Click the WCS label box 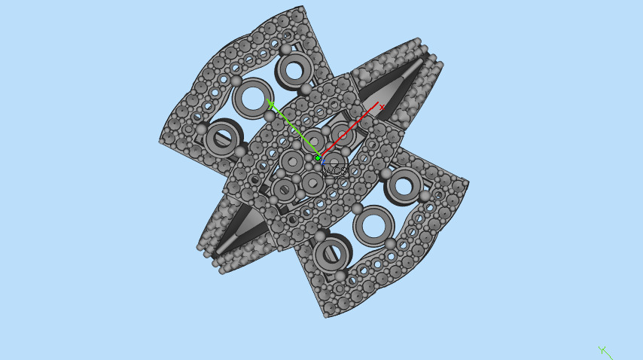click(x=334, y=171)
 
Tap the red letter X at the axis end click(x=382, y=107)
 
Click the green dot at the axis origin click(x=318, y=158)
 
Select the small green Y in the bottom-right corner click(x=602, y=349)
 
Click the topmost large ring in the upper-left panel click(x=294, y=70)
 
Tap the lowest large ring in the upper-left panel click(x=221, y=138)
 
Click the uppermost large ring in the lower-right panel click(x=406, y=185)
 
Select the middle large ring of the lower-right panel click(x=373, y=224)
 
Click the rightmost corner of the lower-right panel click(x=468, y=182)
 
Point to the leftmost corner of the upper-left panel click(x=160, y=140)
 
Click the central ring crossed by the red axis click(x=343, y=136)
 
